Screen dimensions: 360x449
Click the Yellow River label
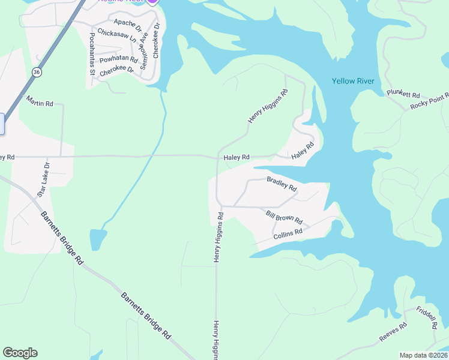[353, 81]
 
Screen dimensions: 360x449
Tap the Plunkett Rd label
[403, 94]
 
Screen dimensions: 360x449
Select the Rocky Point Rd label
[430, 103]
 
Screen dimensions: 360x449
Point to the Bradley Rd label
[282, 184]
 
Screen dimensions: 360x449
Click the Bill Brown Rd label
[284, 217]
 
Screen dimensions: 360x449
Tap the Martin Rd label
[40, 104]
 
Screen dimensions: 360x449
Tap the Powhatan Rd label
[119, 59]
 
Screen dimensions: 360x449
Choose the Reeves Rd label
[393, 332]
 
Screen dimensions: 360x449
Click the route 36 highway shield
[37, 73]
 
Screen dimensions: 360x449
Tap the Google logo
[20, 353]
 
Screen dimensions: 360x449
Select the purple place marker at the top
[152, 2]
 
